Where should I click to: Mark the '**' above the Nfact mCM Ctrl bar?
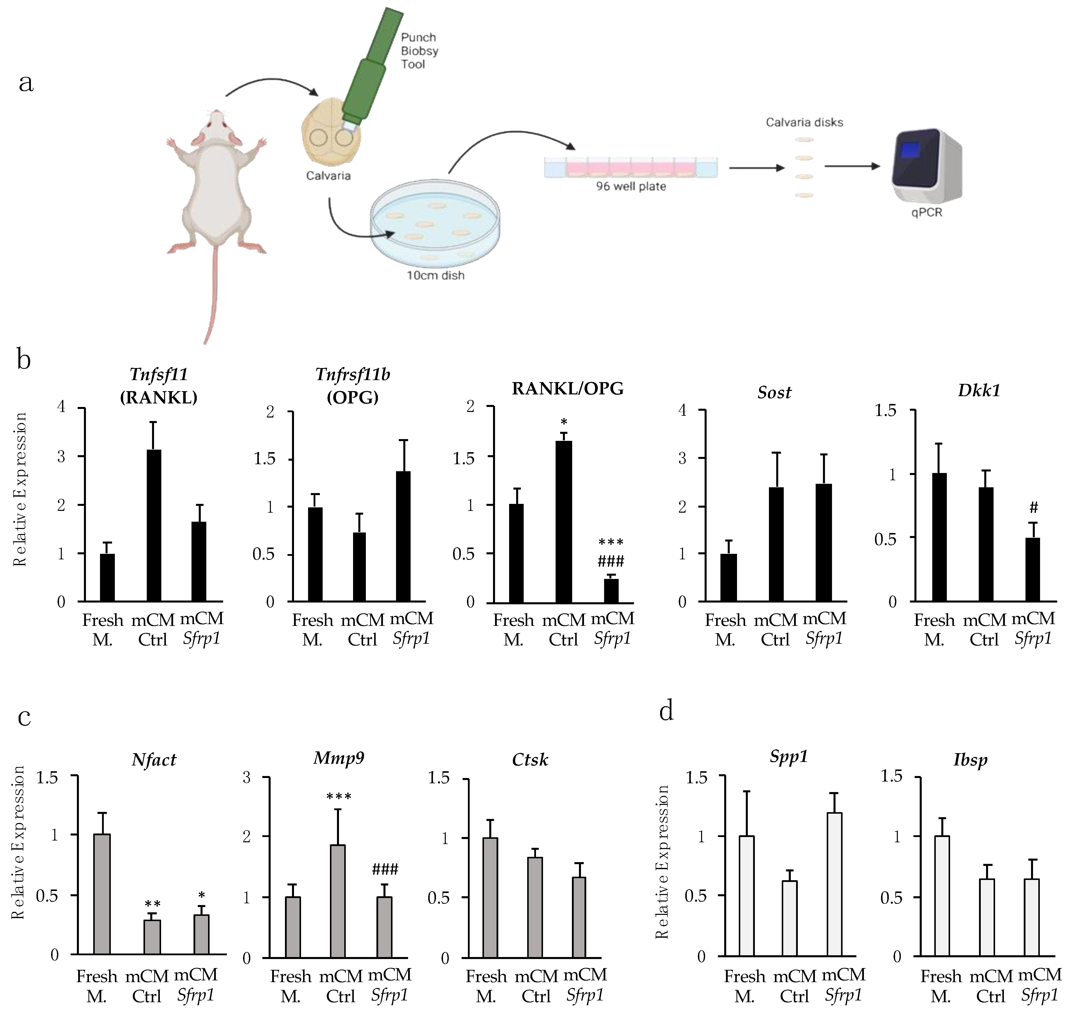pyautogui.click(x=153, y=904)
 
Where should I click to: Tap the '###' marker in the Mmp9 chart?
pyautogui.click(x=385, y=870)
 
